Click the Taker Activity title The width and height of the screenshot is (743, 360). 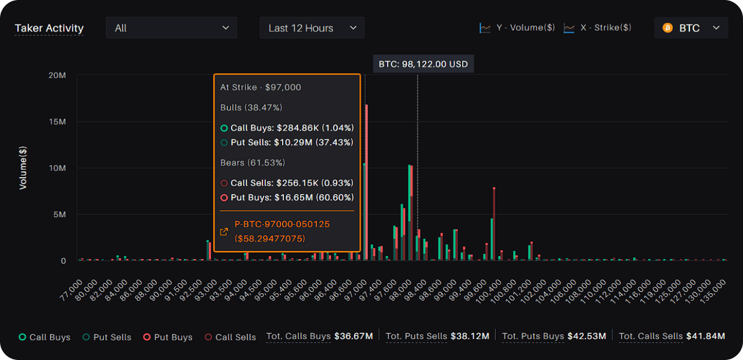pos(49,28)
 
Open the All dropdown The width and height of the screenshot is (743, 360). pos(171,28)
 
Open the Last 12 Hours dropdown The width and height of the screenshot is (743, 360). pos(312,28)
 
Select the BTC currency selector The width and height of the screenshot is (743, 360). pos(691,28)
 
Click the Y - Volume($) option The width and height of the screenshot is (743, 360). pos(518,28)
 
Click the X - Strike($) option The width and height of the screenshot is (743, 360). pos(598,28)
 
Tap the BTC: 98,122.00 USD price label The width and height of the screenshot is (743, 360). pos(423,64)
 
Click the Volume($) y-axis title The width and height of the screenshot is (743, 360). pos(23,168)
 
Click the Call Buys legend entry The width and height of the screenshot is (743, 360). pos(45,337)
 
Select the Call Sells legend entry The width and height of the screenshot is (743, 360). pos(230,337)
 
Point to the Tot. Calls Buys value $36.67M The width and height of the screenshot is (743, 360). pos(352,336)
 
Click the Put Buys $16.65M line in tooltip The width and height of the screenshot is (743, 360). pos(287,197)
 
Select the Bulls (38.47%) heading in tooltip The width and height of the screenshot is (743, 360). pos(251,107)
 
